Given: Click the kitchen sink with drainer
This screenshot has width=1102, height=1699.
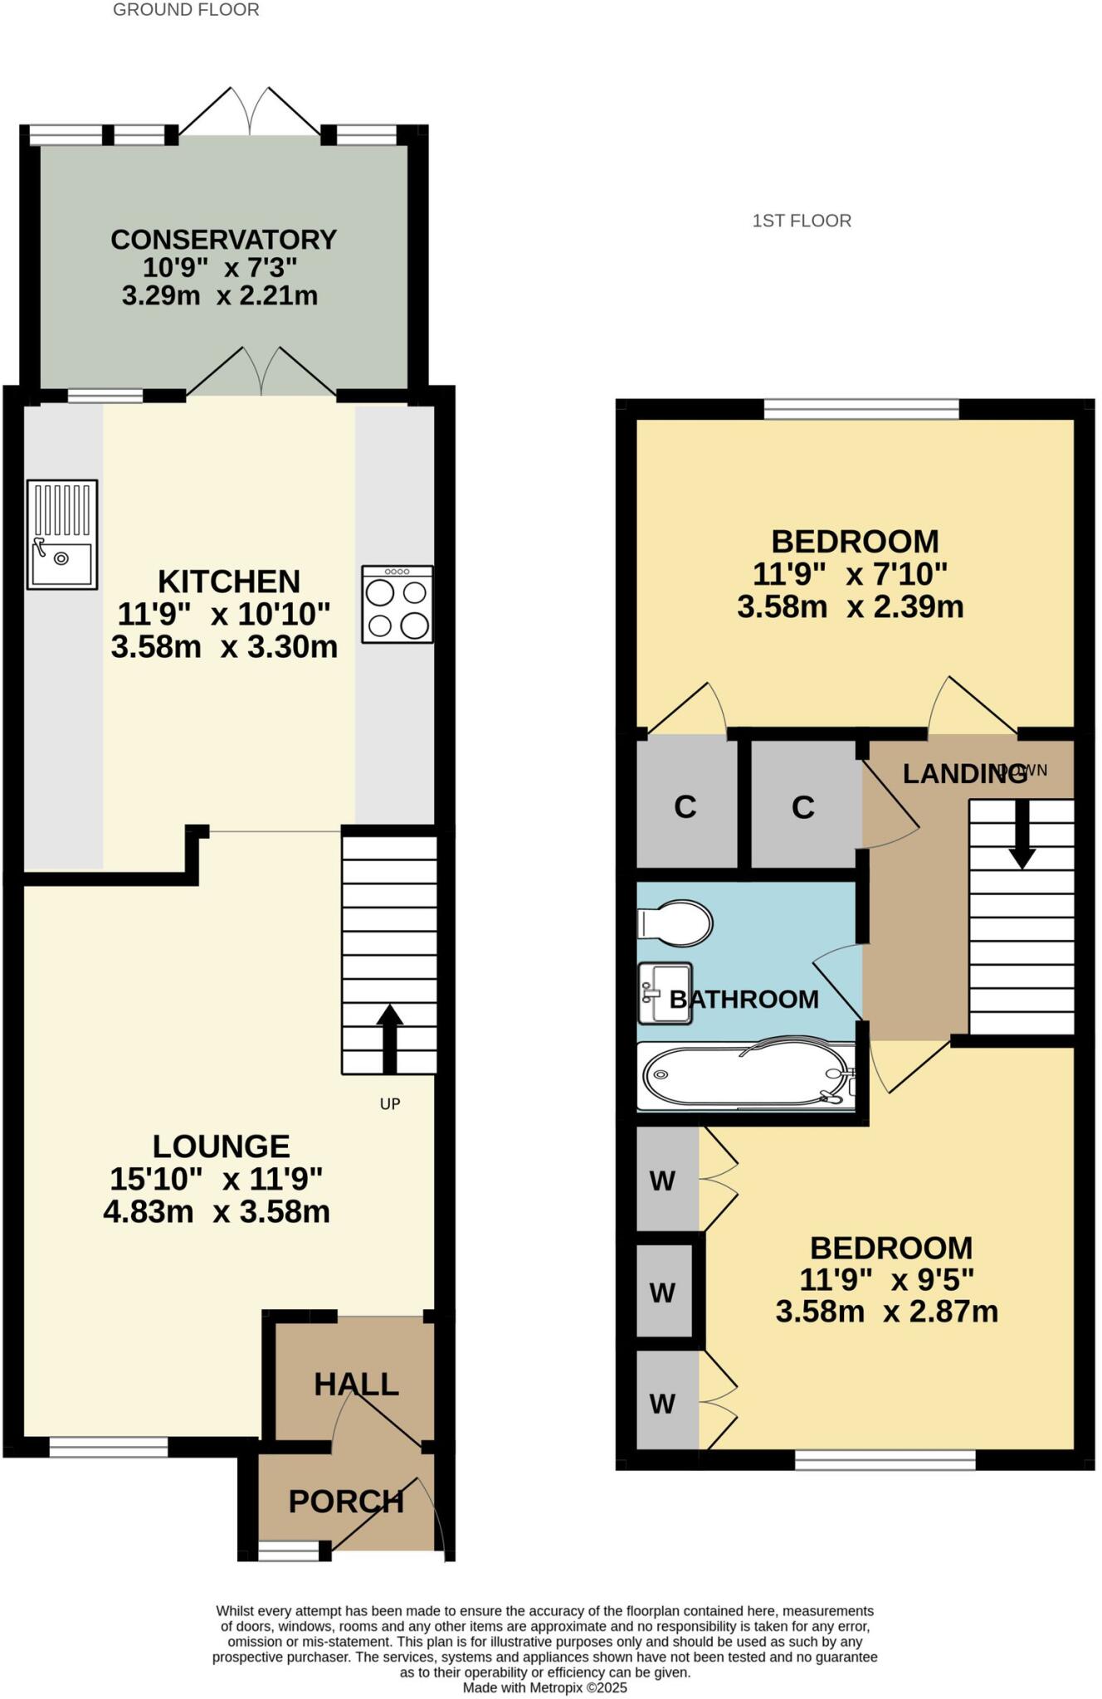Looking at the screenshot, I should click(x=62, y=535).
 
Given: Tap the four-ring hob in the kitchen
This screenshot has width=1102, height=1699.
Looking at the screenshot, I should click(x=397, y=604).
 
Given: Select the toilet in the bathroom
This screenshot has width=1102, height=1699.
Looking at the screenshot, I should click(x=675, y=923).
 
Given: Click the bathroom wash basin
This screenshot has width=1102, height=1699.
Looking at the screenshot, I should click(x=665, y=993).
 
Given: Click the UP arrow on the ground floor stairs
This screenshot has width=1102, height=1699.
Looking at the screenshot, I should click(x=390, y=1038).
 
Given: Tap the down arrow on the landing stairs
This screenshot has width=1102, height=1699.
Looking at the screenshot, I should click(x=1022, y=835).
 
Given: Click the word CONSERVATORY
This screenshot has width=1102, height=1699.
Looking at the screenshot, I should click(x=223, y=240).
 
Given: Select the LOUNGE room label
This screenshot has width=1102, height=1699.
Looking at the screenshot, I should click(x=222, y=1146).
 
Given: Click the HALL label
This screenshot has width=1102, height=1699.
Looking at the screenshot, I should click(x=356, y=1384).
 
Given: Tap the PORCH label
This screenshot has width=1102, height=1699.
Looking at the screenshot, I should click(x=346, y=1502).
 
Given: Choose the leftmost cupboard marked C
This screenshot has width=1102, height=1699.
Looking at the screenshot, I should click(x=685, y=806).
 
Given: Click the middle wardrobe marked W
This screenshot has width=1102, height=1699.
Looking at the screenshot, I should click(x=662, y=1292).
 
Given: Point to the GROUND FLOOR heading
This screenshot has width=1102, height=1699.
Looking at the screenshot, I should click(x=186, y=10).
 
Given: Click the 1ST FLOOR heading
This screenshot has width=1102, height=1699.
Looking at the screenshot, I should click(x=802, y=221).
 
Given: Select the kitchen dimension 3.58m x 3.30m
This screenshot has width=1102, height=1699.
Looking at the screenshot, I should click(x=224, y=647).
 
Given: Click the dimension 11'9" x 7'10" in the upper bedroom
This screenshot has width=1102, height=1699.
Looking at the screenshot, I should click(x=850, y=574).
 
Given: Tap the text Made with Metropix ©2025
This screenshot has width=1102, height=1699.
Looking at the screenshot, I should click(x=544, y=1688).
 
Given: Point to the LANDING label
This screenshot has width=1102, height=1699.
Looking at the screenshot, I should click(x=965, y=773).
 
